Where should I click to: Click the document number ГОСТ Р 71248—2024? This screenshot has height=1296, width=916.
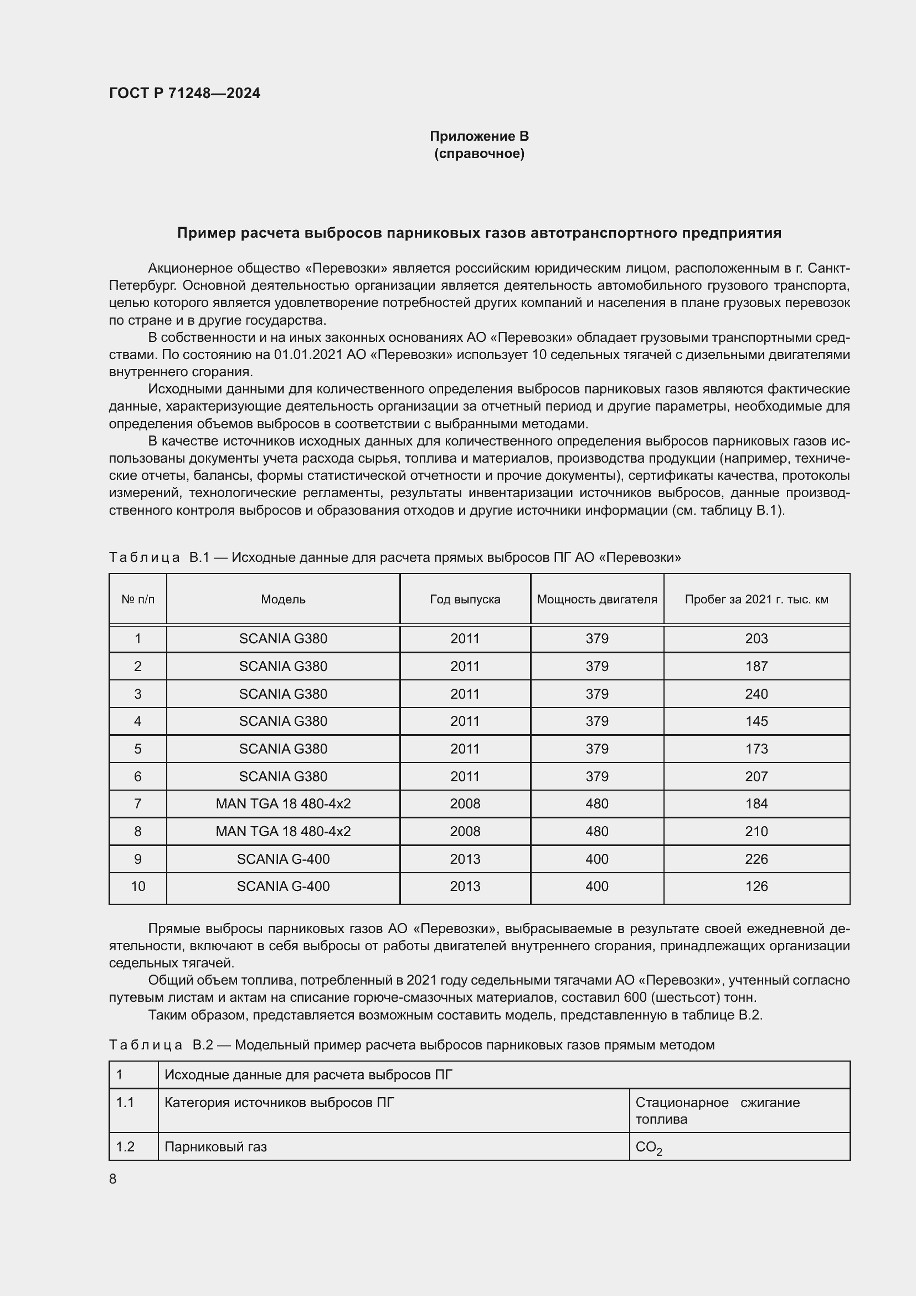(x=184, y=93)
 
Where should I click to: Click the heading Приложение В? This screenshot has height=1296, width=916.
(x=479, y=136)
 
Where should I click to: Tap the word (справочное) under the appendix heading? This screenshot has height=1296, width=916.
(x=479, y=153)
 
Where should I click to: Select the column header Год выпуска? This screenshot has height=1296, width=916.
(x=465, y=600)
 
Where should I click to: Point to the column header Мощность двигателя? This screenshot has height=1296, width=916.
(x=597, y=600)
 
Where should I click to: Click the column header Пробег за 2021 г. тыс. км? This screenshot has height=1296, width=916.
(x=756, y=600)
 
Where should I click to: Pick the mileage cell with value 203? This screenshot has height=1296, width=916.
(x=756, y=638)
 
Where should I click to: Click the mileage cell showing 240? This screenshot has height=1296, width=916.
(x=756, y=694)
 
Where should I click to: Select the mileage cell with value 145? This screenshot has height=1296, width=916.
(x=756, y=721)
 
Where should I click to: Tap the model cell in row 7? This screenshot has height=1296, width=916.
(x=283, y=804)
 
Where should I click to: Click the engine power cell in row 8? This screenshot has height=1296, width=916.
(x=597, y=832)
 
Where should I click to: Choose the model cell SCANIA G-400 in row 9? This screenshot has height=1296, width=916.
(x=283, y=859)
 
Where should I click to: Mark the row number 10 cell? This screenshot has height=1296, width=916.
(x=138, y=886)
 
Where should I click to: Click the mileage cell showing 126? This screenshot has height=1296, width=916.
(x=756, y=886)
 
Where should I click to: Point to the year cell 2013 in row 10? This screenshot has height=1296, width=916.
(x=465, y=886)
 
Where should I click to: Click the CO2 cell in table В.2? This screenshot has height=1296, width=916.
(x=648, y=1148)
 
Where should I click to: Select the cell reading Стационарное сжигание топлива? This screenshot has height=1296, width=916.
(x=717, y=1110)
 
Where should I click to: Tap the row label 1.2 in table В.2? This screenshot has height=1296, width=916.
(x=125, y=1146)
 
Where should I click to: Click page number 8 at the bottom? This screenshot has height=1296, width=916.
(x=113, y=1179)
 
